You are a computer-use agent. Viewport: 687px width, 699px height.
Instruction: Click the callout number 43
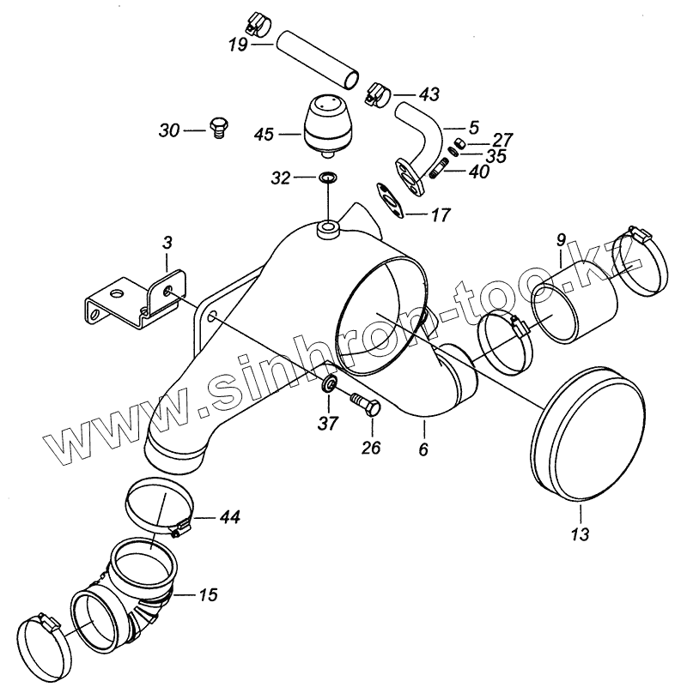click(x=404, y=93)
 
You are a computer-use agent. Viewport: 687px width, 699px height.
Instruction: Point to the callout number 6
click(x=423, y=449)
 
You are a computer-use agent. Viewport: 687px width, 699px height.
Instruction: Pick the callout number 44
click(x=229, y=517)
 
